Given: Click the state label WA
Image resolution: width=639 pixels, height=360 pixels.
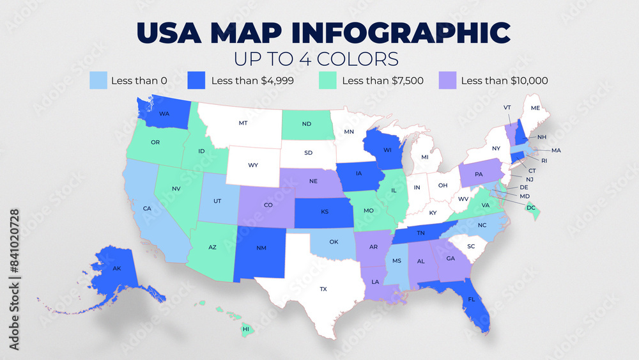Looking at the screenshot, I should tap(164, 114).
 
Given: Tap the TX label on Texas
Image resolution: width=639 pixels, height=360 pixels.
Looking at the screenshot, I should tap(323, 289).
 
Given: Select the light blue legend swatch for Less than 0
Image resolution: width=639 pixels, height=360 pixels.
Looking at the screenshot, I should tap(98, 81).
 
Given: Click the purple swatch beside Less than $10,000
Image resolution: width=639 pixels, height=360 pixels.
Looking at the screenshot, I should tap(447, 81).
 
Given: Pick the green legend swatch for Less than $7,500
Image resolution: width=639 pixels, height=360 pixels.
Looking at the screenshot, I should tap(327, 81).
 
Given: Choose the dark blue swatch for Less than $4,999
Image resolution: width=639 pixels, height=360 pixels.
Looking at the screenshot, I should tap(196, 81).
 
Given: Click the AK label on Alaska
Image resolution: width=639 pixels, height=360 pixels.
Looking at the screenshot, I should tap(117, 269).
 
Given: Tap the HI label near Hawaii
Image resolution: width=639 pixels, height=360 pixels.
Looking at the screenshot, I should tap(245, 329).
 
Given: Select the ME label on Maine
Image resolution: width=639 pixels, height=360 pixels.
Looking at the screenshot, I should tap(535, 108).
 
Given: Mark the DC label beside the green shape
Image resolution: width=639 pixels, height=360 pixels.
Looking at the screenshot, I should tap(530, 208).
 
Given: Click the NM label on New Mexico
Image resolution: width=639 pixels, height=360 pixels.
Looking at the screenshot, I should tap(261, 247).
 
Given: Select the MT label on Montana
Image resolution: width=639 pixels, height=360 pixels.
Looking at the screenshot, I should tap(243, 122).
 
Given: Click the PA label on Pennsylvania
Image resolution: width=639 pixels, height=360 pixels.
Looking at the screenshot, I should tap(479, 174).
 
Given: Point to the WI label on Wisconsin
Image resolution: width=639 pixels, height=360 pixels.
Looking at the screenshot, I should tap(387, 150).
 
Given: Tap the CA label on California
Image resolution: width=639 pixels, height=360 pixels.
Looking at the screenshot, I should tap(147, 208).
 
